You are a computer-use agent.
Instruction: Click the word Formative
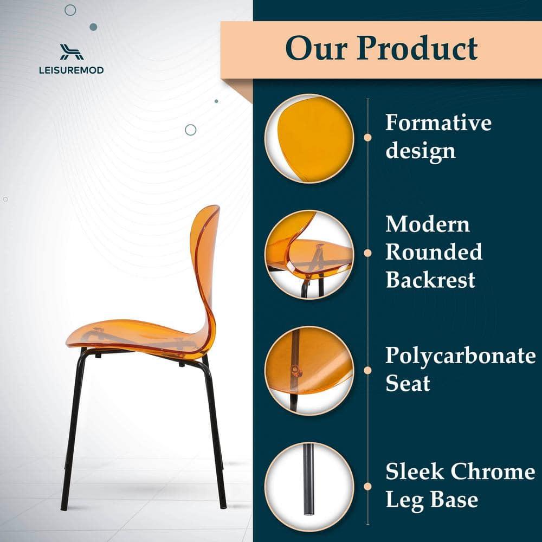point(438,122)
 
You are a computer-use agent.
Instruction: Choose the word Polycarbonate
point(460,356)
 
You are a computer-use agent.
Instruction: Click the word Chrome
point(493,472)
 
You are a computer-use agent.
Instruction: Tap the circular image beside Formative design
point(309,138)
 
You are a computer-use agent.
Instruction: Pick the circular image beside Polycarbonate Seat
point(309,371)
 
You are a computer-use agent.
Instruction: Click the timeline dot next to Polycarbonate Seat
point(368,370)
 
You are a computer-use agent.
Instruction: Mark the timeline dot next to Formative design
point(368,137)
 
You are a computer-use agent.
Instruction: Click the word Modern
point(427,224)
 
